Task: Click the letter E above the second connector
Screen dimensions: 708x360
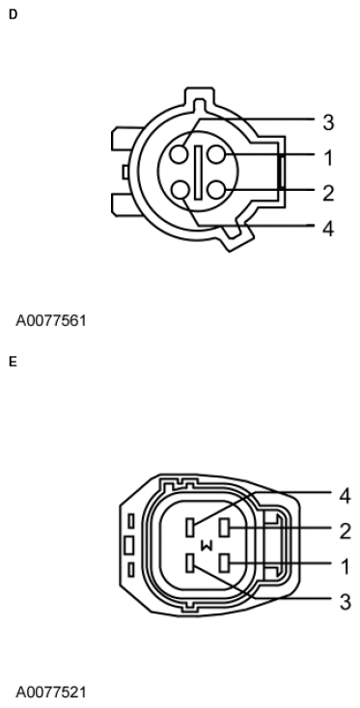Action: pyautogui.click(x=12, y=364)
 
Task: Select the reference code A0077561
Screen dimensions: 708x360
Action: pyautogui.click(x=50, y=319)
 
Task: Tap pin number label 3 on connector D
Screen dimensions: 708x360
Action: pyautogui.click(x=328, y=123)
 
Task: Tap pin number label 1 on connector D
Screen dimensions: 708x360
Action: pyautogui.click(x=328, y=156)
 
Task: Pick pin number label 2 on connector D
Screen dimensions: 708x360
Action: pyautogui.click(x=328, y=192)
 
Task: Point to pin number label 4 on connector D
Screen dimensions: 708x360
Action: pyautogui.click(x=328, y=231)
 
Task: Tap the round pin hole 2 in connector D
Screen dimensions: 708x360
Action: pyautogui.click(x=214, y=188)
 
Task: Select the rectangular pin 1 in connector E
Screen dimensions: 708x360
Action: pyautogui.click(x=225, y=562)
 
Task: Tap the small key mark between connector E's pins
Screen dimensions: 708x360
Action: pyautogui.click(x=205, y=546)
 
